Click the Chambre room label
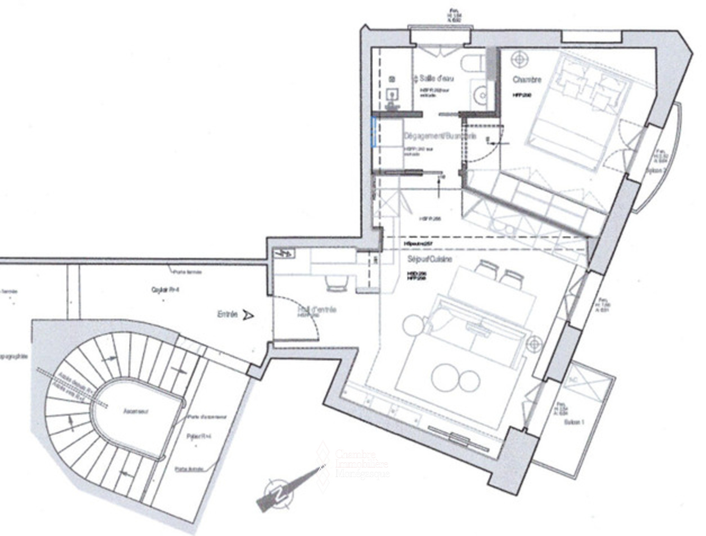point(527,80)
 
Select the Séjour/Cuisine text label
point(429,259)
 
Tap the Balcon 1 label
point(574,422)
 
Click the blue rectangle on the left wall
point(374,132)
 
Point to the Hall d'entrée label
point(317,310)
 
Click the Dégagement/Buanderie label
point(440,136)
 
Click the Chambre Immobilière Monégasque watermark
point(362,465)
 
